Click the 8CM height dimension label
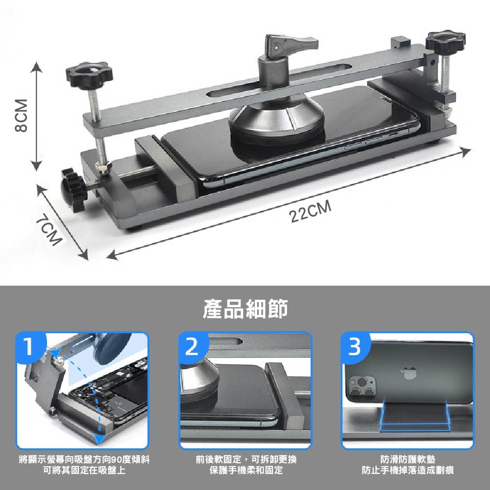pyautogui.click(x=21, y=115)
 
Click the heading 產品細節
pyautogui.click(x=245, y=309)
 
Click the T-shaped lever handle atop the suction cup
pyautogui.click(x=291, y=43)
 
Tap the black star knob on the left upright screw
pyautogui.click(x=89, y=75)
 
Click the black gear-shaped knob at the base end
pyautogui.click(x=73, y=190)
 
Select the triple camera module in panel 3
pyautogui.click(x=363, y=387)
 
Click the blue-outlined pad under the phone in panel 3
pyautogui.click(x=415, y=414)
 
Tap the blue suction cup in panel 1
pyautogui.click(x=113, y=348)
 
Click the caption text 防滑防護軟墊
pyautogui.click(x=408, y=460)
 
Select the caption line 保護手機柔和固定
pyautogui.click(x=246, y=470)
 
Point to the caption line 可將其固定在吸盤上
pyautogui.click(x=84, y=470)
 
